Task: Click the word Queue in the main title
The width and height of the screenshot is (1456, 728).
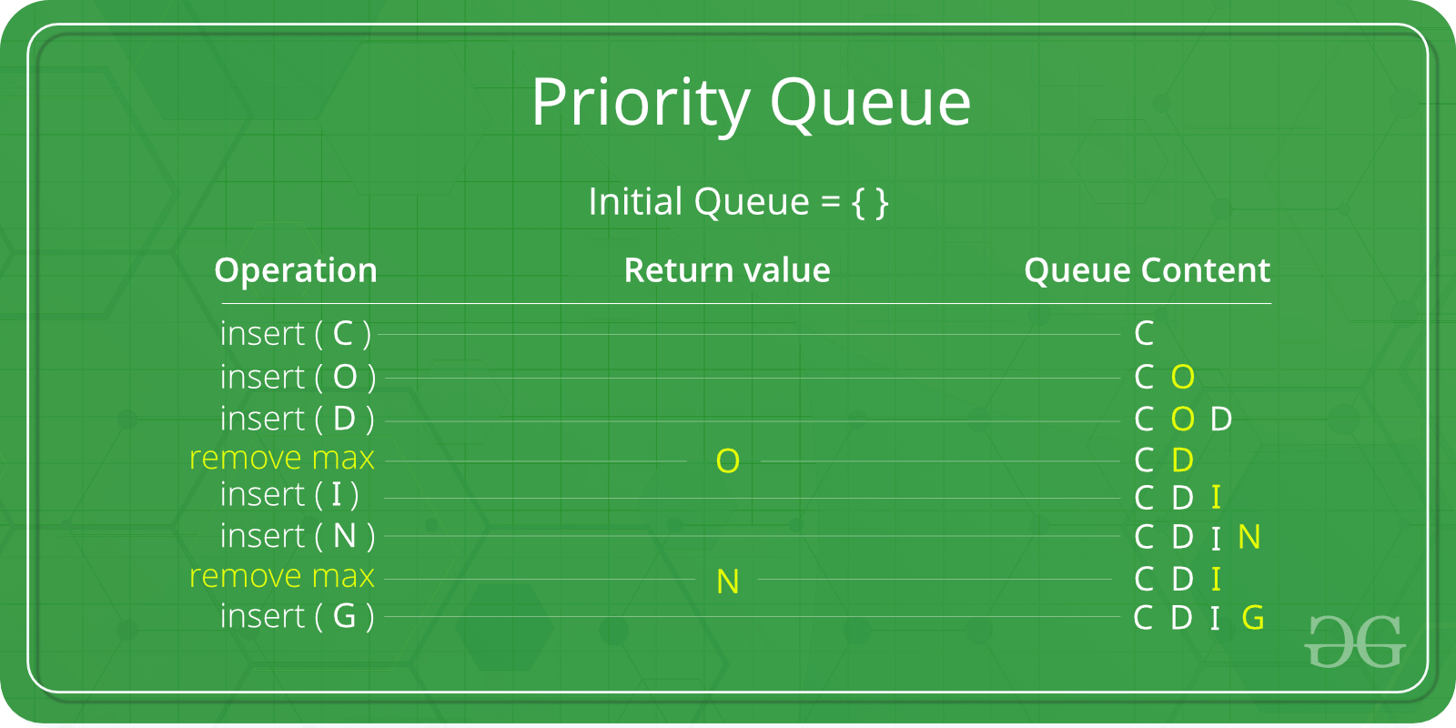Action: [870, 103]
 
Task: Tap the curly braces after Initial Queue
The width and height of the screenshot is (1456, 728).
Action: [870, 202]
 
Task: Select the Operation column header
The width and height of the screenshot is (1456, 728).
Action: [296, 270]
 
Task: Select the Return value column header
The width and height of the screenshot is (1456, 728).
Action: [726, 270]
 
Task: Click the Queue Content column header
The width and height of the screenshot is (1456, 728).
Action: [1147, 270]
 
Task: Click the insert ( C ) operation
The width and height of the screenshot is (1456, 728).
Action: [296, 334]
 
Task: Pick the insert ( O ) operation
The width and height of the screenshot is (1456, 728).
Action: [298, 377]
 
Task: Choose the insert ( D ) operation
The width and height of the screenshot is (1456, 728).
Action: [297, 419]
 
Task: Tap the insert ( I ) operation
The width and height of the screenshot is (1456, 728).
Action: [289, 494]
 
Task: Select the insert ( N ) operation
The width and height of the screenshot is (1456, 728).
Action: [298, 536]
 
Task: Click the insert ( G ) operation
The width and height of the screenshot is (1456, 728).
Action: [297, 616]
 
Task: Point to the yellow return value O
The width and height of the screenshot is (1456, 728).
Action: [727, 461]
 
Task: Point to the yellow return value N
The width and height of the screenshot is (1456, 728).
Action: [727, 581]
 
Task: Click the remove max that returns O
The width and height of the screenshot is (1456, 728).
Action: [282, 458]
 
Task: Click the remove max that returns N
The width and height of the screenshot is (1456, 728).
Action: [282, 576]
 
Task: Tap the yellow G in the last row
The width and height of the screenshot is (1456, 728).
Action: [1253, 618]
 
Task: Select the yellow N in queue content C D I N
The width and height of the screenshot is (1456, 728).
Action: [1249, 537]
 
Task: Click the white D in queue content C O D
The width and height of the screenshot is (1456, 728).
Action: [1221, 419]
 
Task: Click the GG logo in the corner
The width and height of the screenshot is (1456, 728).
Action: [1355, 642]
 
